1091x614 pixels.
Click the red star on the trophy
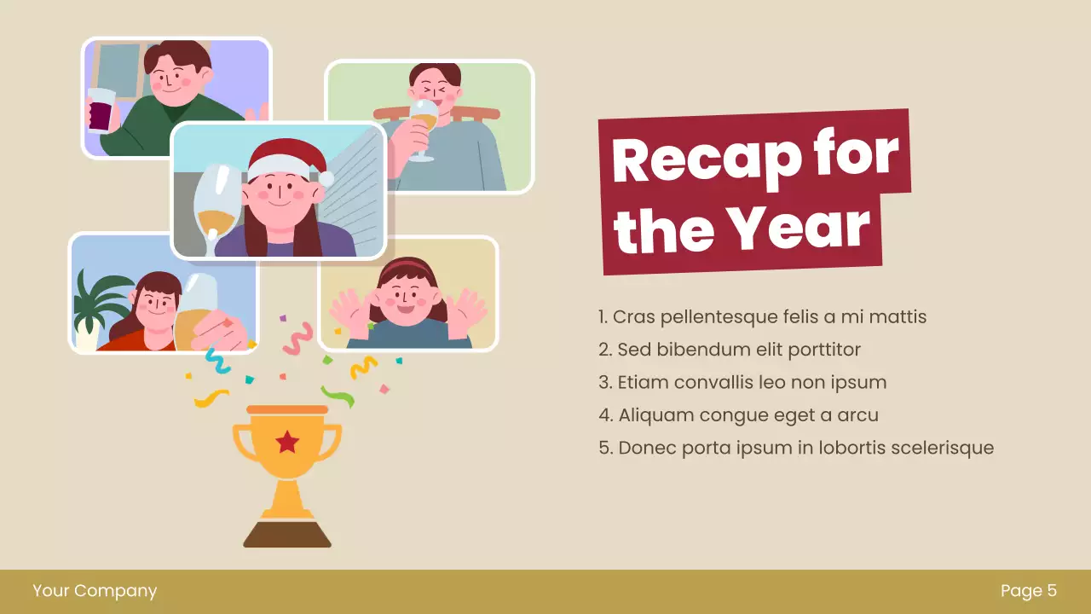pos(287,442)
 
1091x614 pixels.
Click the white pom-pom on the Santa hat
pos(326,177)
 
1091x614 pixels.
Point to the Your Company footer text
pos(95,590)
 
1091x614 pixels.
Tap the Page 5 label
pos(1029,590)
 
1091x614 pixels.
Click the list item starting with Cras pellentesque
pos(762,317)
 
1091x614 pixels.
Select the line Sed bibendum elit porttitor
pos(730,350)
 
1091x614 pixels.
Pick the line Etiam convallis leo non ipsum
pos(742,382)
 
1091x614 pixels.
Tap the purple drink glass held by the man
pos(100,110)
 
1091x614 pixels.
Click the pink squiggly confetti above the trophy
pos(297,339)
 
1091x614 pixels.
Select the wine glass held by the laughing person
pos(423,128)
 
